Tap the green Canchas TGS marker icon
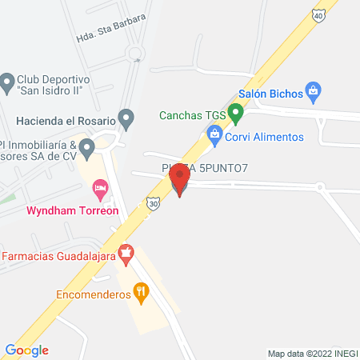pyautogui.click(x=235, y=114)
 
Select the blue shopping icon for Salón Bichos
pyautogui.click(x=314, y=94)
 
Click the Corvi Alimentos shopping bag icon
pyautogui.click(x=214, y=137)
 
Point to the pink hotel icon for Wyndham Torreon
pyautogui.click(x=101, y=190)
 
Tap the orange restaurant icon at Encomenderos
pyautogui.click(x=142, y=293)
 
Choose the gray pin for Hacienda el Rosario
pyautogui.click(x=126, y=121)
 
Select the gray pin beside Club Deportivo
pyautogui.click(x=8, y=82)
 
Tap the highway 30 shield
pyautogui.click(x=152, y=205)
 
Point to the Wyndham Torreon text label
pyautogui.click(x=73, y=211)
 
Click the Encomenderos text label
pyautogui.click(x=93, y=294)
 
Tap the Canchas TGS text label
pyautogui.click(x=193, y=114)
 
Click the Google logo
pyautogui.click(x=26, y=350)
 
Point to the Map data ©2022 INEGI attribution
pyautogui.click(x=313, y=353)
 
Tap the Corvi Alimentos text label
pyautogui.click(x=266, y=137)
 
